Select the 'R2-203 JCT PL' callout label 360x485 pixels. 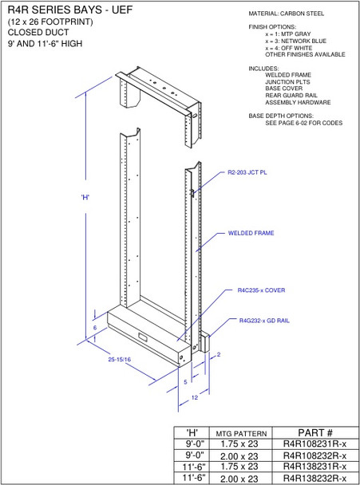(247, 172)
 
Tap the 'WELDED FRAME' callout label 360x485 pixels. (251, 234)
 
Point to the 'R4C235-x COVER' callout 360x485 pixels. (261, 290)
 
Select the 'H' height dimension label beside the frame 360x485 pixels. (85, 198)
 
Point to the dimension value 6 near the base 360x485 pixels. (94, 328)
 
